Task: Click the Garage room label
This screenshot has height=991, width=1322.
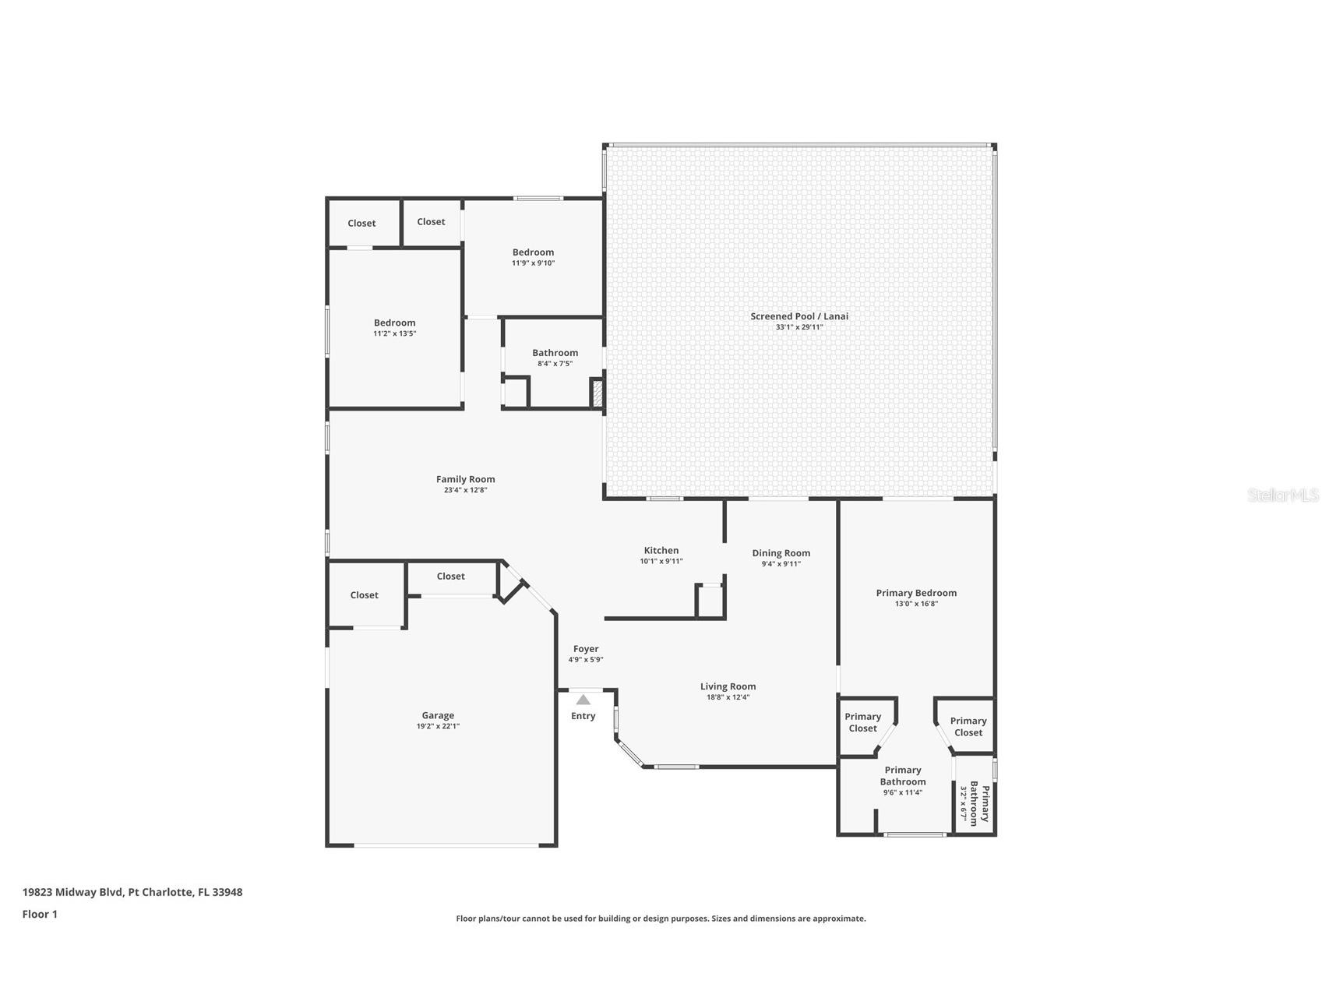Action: [438, 715]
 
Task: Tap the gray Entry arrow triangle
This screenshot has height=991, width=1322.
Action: [583, 700]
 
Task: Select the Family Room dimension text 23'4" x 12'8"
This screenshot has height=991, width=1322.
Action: [466, 490]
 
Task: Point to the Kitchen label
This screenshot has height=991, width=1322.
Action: [661, 550]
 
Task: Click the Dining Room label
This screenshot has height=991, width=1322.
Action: [781, 553]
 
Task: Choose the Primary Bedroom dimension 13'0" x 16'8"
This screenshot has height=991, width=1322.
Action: [916, 604]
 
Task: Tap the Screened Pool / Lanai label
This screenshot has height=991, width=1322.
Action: [799, 316]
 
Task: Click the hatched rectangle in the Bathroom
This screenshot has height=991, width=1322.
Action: [598, 393]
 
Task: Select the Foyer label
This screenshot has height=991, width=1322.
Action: [586, 649]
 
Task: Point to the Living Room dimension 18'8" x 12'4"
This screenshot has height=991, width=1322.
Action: [728, 697]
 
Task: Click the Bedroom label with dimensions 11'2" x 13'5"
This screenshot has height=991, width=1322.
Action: [395, 323]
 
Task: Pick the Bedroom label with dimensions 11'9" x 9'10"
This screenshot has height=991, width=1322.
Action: [534, 252]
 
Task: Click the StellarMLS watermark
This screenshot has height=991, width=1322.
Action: [1283, 495]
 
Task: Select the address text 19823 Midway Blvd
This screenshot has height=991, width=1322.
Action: [73, 892]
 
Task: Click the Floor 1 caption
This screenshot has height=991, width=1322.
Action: [40, 914]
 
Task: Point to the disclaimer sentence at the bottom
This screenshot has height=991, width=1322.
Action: [661, 919]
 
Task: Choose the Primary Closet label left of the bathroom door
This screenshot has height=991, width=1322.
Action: [863, 722]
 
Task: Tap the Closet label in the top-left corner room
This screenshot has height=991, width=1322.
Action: [361, 223]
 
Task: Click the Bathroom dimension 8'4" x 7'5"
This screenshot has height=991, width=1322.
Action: [555, 364]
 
